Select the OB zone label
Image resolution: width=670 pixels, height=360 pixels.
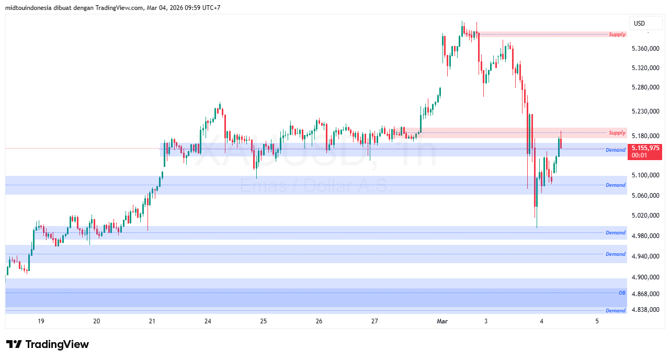(x=622, y=293)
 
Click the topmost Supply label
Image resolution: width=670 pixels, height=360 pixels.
(x=617, y=35)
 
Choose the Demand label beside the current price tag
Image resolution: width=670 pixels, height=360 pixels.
(x=615, y=150)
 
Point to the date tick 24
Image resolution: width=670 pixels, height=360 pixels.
(x=208, y=321)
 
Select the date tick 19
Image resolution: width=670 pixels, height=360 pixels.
(x=41, y=321)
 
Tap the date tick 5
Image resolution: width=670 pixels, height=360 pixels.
(x=597, y=321)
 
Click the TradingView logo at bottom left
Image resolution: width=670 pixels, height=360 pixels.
(x=48, y=344)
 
